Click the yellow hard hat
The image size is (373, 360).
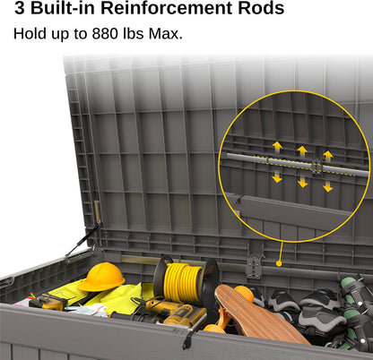[x=101, y=278]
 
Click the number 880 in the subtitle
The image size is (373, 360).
[x=105, y=33]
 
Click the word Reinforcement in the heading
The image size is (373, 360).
[x=167, y=8]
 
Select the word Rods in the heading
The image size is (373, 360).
[x=261, y=8]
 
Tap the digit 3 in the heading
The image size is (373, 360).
[x=20, y=8]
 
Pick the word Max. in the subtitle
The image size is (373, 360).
[x=165, y=33]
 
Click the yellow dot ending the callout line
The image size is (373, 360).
[x=279, y=263]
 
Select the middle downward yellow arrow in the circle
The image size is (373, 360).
[x=303, y=181]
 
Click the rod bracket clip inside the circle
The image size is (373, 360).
[x=317, y=167]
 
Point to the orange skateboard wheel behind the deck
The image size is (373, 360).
[x=245, y=294]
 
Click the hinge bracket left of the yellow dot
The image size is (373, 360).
[x=254, y=266]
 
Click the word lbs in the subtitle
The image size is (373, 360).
[x=134, y=33]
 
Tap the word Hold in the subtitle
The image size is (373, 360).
[x=30, y=33]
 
